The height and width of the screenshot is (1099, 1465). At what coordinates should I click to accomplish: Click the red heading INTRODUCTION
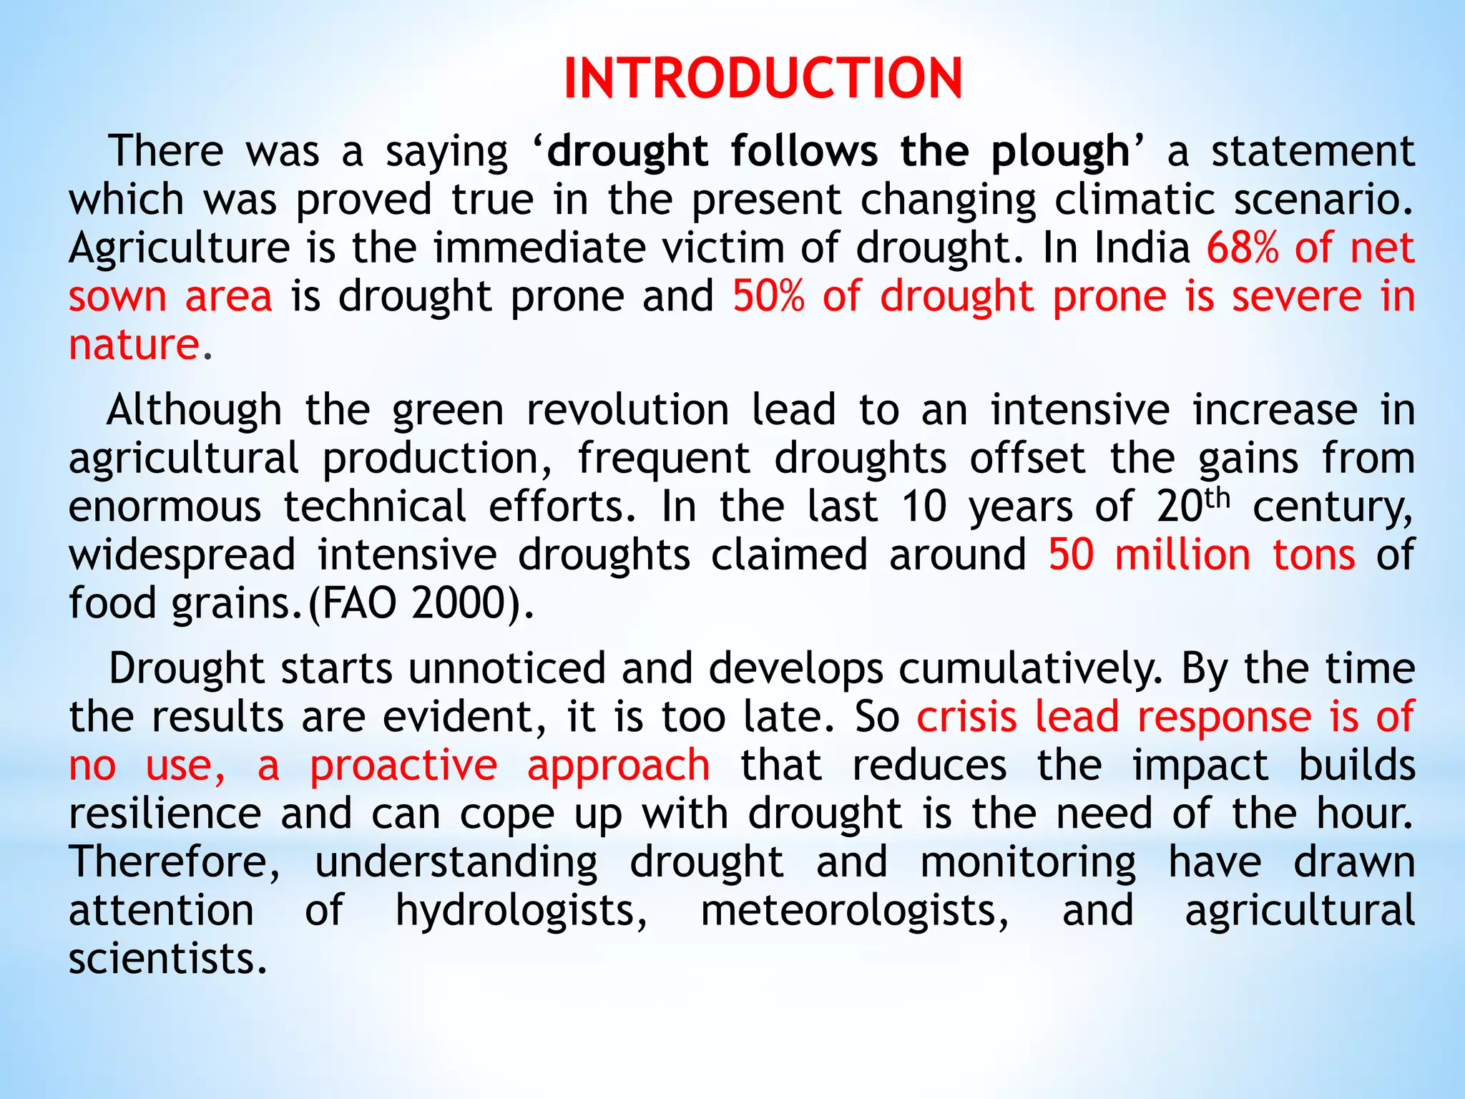[x=763, y=78]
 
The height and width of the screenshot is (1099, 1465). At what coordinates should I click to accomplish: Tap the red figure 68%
[x=1242, y=248]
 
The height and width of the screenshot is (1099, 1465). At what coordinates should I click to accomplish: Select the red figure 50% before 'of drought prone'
[x=768, y=296]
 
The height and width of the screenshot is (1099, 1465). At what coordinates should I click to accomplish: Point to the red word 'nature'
[x=134, y=345]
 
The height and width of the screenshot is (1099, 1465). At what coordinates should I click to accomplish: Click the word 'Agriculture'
[x=180, y=249]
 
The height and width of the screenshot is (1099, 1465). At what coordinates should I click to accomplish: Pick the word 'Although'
[x=194, y=410]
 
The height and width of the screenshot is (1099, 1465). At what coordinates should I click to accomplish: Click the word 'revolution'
[x=627, y=410]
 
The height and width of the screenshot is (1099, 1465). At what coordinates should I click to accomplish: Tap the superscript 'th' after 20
[x=1217, y=497]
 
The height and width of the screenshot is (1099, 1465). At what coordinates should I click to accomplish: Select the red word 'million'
[x=1182, y=555]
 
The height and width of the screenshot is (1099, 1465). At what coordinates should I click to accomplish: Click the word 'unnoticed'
[x=506, y=669]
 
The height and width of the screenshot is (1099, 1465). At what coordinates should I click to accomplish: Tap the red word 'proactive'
[x=403, y=766]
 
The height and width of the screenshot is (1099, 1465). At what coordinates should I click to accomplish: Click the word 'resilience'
[x=165, y=814]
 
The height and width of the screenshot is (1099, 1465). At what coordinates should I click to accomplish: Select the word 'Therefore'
[x=175, y=862]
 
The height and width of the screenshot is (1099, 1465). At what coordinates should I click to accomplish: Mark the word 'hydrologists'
[x=521, y=911]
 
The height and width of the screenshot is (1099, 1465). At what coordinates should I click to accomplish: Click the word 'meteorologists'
[x=855, y=911]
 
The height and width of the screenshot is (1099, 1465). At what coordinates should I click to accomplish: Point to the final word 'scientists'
[x=167, y=959]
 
